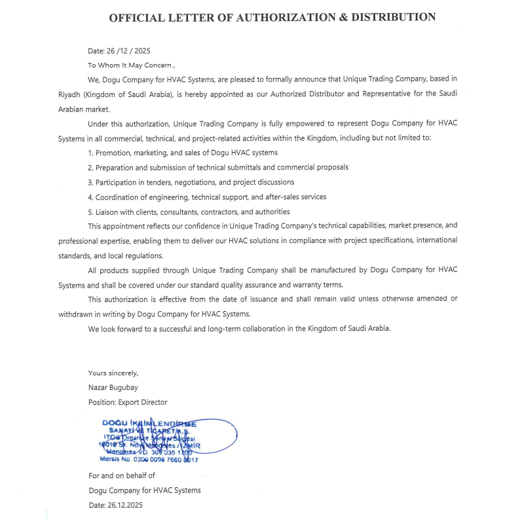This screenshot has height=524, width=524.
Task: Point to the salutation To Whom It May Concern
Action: pyautogui.click(x=131, y=65)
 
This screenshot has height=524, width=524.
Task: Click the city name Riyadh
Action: pyautogui.click(x=70, y=94)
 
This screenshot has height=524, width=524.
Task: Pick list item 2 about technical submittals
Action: pyautogui.click(x=218, y=167)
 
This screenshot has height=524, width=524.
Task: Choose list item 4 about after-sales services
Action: pyautogui.click(x=207, y=196)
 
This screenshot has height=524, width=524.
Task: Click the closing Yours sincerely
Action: pyautogui.click(x=113, y=373)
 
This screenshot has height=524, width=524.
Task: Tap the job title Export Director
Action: pyautogui.click(x=128, y=402)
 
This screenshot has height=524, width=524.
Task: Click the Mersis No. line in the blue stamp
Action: pyautogui.click(x=149, y=460)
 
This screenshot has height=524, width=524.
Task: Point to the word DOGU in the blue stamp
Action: pyautogui.click(x=115, y=424)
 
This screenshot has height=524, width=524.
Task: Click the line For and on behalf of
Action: pyautogui.click(x=122, y=476)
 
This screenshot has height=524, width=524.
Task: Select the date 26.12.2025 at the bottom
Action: pyautogui.click(x=115, y=505)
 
